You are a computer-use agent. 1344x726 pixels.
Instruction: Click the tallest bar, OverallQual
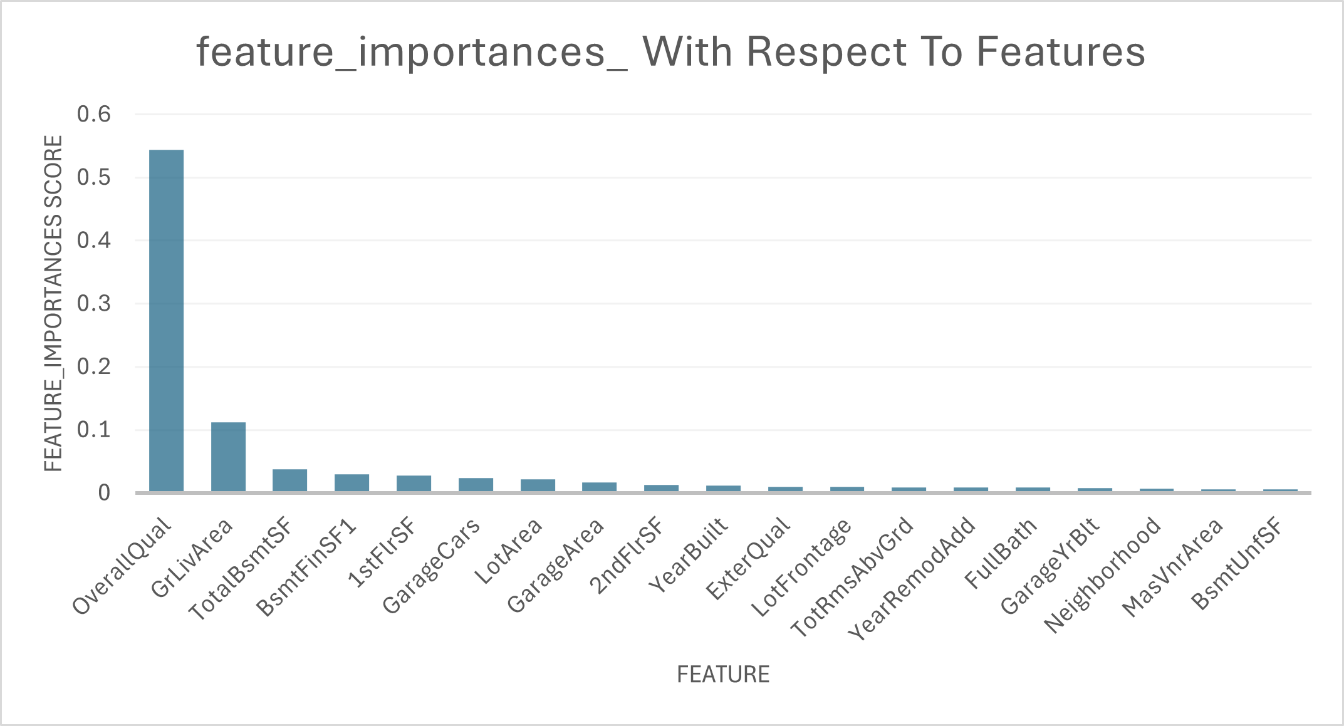pos(166,321)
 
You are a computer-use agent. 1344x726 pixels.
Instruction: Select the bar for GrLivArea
pos(228,457)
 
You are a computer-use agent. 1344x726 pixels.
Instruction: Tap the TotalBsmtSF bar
pos(289,480)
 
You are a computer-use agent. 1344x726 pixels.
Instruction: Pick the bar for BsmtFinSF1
pos(352,483)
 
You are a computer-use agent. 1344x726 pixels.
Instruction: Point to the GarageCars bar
pos(476,485)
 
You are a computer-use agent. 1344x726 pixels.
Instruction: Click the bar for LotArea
pos(538,485)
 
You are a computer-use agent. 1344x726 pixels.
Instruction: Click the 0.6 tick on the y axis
pos(94,115)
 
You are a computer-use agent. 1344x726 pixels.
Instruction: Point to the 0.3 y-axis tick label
pos(94,304)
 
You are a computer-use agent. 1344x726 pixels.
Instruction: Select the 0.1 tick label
pos(94,430)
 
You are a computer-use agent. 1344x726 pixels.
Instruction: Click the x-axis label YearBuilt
pos(689,555)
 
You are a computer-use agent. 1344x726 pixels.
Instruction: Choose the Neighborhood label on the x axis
pos(1103,574)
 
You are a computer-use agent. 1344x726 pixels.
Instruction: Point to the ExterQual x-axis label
pos(748,559)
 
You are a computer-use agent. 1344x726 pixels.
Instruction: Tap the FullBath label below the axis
pos(1001,554)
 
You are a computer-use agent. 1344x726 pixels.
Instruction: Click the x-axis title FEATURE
pos(723,675)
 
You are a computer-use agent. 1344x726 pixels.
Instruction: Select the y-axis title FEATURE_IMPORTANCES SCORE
pos(54,304)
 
